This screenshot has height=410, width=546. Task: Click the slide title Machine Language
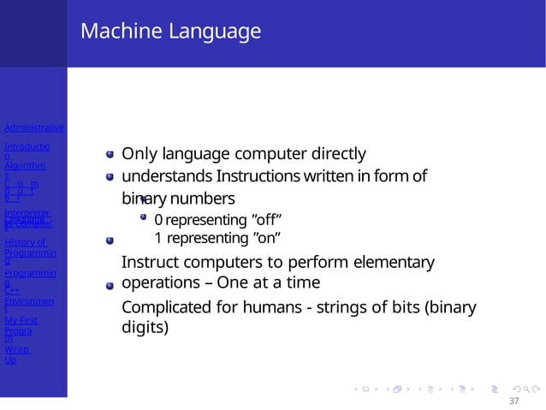point(170,33)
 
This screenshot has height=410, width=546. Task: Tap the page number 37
point(513,401)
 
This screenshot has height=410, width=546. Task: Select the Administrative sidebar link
point(33,128)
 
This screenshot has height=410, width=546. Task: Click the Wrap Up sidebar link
point(16,354)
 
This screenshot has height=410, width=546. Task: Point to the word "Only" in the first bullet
point(138,154)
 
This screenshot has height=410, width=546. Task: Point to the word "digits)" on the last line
point(145,327)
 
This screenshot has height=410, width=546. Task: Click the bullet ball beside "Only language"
point(110,155)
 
